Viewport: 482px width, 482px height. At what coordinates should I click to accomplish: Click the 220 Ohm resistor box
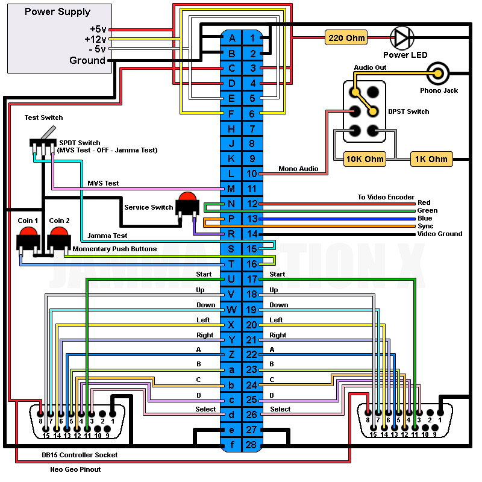346,37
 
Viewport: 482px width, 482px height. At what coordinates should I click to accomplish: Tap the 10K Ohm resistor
365,160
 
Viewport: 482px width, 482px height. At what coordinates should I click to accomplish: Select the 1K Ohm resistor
431,160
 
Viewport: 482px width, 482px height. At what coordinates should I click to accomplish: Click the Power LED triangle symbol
401,38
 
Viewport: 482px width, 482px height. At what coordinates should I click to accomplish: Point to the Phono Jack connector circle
439,74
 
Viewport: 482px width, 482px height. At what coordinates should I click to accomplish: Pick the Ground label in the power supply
87,60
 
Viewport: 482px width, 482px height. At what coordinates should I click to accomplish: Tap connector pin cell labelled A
231,37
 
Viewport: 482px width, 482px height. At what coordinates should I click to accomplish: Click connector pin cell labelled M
231,189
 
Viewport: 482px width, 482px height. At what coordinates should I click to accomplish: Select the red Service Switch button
187,201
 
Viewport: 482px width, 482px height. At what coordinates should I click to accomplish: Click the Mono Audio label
298,169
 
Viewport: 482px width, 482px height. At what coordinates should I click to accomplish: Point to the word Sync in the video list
425,226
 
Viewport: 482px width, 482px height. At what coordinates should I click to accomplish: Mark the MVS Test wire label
103,183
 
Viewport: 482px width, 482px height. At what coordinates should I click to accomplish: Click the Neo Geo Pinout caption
75,469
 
